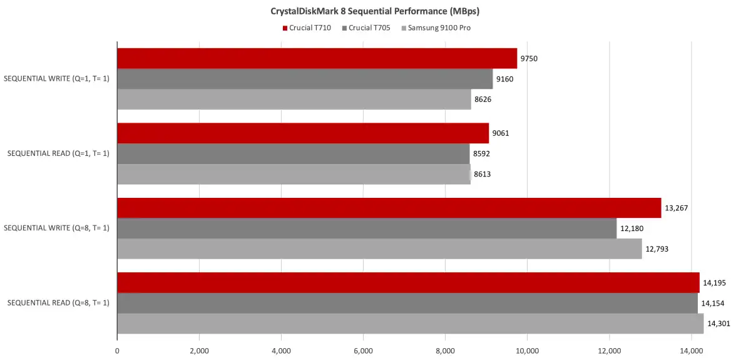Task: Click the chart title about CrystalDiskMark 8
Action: click(x=375, y=11)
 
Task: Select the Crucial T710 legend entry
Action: click(x=307, y=28)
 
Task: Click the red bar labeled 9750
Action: click(x=317, y=58)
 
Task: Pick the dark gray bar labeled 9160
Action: click(x=305, y=79)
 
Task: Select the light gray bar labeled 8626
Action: click(x=294, y=100)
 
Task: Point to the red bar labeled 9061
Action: click(x=303, y=133)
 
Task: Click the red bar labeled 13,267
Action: click(x=389, y=208)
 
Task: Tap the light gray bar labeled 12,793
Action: click(x=379, y=249)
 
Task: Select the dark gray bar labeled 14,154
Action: click(x=407, y=303)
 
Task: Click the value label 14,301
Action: click(x=718, y=324)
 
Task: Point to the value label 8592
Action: click(x=482, y=153)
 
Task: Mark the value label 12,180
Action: click(x=631, y=229)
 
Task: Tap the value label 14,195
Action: click(x=714, y=283)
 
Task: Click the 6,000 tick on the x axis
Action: click(x=363, y=351)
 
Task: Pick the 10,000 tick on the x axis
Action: click(x=527, y=351)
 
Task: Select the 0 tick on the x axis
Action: click(x=118, y=351)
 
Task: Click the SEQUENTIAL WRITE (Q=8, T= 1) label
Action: click(x=56, y=228)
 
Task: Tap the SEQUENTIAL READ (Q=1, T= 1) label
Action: click(x=58, y=153)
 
